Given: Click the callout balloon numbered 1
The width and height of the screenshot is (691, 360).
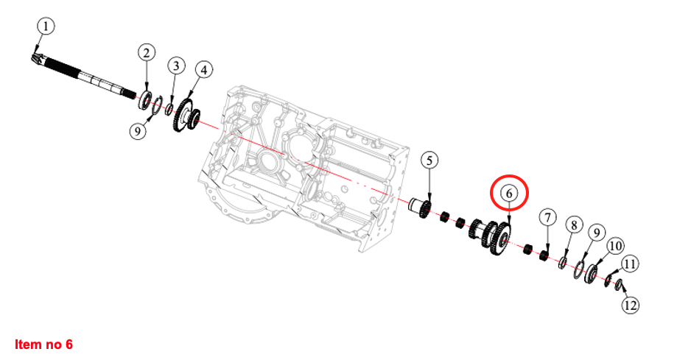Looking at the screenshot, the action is click(45, 26).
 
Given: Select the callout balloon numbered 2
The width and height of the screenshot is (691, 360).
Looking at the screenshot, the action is click(147, 53).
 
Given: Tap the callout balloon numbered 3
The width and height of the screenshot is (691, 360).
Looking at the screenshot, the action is click(176, 66).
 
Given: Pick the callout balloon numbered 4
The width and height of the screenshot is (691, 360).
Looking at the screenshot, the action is click(203, 70).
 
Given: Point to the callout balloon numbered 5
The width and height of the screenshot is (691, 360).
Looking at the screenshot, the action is click(429, 160).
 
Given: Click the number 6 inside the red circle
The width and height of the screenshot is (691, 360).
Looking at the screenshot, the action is click(509, 194).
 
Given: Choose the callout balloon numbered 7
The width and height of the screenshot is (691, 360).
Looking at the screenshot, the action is click(548, 218).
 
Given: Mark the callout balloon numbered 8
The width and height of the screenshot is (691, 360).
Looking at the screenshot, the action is click(574, 225).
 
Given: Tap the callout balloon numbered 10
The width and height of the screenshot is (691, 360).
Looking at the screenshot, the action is click(615, 246).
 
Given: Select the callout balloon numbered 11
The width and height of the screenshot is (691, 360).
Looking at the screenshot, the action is click(630, 264).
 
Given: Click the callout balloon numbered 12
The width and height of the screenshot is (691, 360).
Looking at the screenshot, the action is click(630, 305).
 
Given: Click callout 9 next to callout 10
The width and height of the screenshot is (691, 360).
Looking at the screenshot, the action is click(597, 233).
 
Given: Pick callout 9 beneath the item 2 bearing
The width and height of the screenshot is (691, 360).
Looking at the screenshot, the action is click(138, 131).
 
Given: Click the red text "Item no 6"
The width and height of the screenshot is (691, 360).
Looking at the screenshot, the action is click(43, 344).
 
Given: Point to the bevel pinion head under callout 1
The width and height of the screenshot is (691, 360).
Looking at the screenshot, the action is click(37, 57).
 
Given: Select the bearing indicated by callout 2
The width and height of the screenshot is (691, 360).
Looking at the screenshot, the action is click(145, 100).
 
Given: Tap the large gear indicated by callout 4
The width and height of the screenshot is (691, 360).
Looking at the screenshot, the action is click(181, 116).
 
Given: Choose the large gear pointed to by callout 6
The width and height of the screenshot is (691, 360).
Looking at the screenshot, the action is click(499, 239).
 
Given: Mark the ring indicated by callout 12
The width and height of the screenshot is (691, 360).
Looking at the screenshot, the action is click(619, 285).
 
